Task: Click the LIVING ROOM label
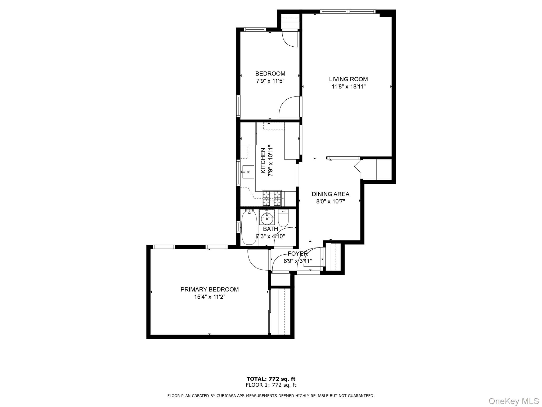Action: coord(348,79)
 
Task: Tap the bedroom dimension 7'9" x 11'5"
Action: coord(270,81)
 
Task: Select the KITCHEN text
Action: coord(263,161)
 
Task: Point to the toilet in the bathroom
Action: coord(283,219)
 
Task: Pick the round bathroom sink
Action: coord(267,218)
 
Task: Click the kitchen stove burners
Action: coord(272,198)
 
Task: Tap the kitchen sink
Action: coord(248,172)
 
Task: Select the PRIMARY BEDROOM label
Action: coord(209,289)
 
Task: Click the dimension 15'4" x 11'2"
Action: coord(209,297)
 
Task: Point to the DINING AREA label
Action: coord(330,194)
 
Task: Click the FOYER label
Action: coord(297,254)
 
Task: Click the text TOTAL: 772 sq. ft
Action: coord(271,379)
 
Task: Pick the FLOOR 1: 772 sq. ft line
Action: coord(271,385)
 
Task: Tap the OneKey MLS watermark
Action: coord(513,401)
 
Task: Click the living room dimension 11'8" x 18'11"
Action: coord(348,86)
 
